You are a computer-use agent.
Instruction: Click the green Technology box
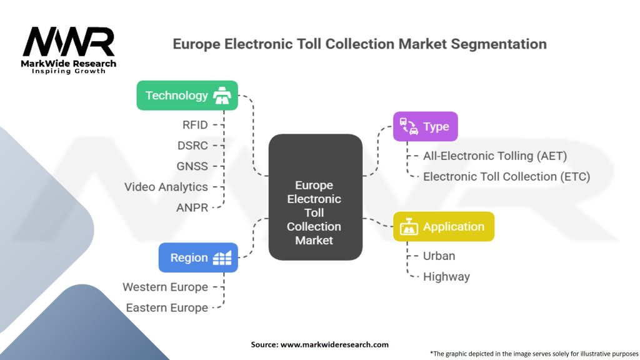pos(187,96)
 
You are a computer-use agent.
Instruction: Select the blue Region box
pos(197,257)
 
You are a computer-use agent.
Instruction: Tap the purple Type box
pos(425,126)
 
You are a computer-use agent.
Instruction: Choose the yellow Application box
pos(443,227)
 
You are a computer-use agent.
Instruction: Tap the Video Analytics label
pos(166,187)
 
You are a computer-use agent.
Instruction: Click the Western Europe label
pos(165,287)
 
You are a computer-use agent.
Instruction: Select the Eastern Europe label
pos(166,307)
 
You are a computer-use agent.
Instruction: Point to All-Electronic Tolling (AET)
pos(494,156)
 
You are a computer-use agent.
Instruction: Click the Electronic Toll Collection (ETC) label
pos(506,176)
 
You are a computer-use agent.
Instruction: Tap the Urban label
pos(439,256)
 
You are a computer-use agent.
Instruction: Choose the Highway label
pos(446,276)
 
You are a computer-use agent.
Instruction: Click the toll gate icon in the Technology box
pos(222,96)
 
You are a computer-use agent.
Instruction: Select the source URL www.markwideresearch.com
pos(334,344)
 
